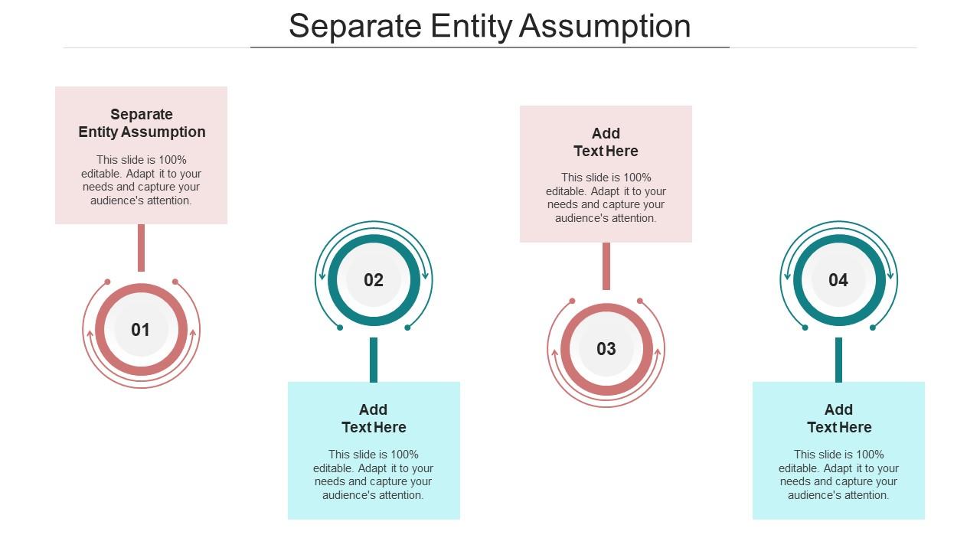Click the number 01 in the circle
pos(141,330)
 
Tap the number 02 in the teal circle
pos(374,280)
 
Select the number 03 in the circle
pos(606,349)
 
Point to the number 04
pos(838,280)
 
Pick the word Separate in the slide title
pos(354,26)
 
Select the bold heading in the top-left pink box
pos(142,123)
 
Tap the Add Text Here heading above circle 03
pos(606,142)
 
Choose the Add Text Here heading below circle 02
pos(374,419)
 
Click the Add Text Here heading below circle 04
pos(839,419)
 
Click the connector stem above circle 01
pos(141,247)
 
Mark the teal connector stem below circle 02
pos(374,360)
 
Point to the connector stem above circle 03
pos(606,266)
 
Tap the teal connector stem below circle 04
pos(838,360)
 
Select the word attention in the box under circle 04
pos(865,495)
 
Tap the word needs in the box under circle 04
pos(795,481)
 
